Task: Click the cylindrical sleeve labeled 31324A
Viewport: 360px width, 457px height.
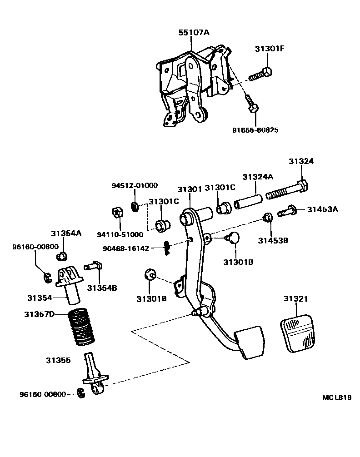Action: [x=248, y=200]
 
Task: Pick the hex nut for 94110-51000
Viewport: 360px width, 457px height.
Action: [x=116, y=212]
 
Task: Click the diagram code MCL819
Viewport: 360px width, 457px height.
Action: [x=337, y=397]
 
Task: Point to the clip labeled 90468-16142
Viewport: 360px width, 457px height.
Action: [x=167, y=247]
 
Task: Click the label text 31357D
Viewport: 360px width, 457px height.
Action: [x=39, y=314]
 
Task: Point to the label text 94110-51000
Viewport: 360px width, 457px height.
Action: [x=120, y=234]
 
